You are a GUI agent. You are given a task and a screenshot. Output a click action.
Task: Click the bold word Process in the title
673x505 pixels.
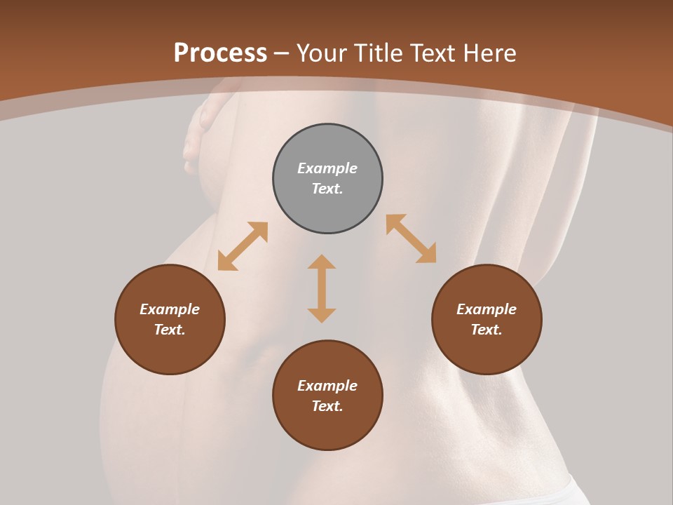pos(220,53)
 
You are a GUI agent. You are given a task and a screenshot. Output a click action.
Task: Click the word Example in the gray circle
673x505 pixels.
pos(327,168)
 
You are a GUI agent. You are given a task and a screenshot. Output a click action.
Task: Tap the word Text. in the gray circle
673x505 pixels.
pos(327,189)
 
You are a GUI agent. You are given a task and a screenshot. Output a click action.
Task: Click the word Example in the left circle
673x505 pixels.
pos(170,309)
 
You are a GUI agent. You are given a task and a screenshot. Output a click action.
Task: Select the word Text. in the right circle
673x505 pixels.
pos(487,330)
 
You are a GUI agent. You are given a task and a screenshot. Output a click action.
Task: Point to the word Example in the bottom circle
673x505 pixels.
pos(327,386)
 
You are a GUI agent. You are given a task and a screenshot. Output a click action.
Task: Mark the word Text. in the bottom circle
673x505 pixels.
pos(327,406)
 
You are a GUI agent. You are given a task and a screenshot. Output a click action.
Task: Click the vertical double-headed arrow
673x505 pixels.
pos(322,288)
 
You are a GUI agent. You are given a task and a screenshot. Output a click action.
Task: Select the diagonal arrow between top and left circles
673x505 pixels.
pos(243,246)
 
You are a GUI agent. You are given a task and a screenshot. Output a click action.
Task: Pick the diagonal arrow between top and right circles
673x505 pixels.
pos(412,239)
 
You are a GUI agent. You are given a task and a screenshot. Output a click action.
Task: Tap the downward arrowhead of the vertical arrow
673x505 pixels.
pos(322,315)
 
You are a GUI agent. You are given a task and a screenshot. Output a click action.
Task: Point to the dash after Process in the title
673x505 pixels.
pos(282,54)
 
